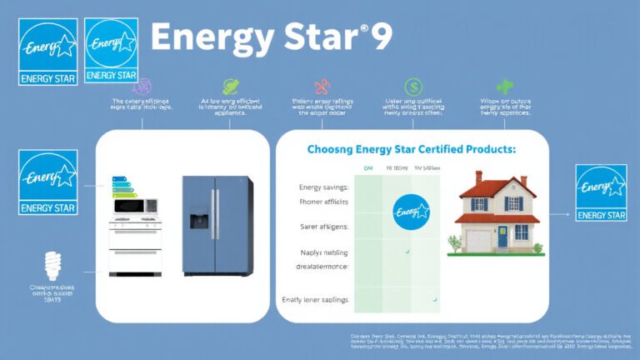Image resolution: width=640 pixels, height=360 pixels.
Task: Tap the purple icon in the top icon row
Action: click(x=142, y=86)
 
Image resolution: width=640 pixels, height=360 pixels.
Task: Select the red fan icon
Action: click(x=321, y=87)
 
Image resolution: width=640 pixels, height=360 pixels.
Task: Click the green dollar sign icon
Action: click(x=412, y=87)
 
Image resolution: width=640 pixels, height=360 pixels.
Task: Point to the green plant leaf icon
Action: click(x=504, y=86)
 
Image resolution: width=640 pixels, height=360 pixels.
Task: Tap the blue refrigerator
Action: click(x=217, y=225)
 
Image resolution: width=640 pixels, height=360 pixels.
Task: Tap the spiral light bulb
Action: click(x=52, y=266)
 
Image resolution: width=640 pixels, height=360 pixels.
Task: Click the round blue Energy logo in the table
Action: click(x=410, y=212)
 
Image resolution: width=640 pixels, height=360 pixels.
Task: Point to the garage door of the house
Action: click(x=477, y=241)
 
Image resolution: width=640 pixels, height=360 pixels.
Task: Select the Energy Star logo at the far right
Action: click(x=602, y=192)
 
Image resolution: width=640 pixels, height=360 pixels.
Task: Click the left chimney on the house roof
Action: click(x=478, y=177)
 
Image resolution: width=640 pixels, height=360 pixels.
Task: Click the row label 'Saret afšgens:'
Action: click(x=323, y=226)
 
